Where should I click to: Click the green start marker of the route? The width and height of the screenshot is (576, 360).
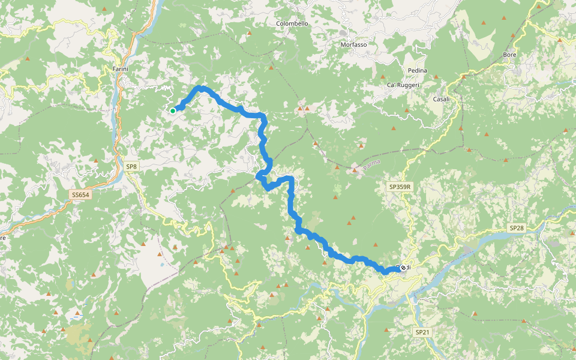(x=173, y=110)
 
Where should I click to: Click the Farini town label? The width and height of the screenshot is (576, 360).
(x=121, y=69)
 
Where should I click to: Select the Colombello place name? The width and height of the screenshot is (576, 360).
(x=292, y=23)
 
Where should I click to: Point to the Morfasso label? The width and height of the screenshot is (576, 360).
(x=353, y=45)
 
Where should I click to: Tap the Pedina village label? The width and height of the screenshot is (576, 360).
(x=417, y=71)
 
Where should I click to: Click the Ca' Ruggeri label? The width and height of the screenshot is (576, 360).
(x=403, y=85)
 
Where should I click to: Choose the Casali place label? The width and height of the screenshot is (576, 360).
(x=441, y=99)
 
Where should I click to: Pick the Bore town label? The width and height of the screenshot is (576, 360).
(x=509, y=55)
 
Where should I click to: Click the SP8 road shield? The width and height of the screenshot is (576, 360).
(x=131, y=166)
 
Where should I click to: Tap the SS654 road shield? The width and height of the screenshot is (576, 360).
(x=80, y=195)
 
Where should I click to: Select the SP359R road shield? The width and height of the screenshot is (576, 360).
(x=400, y=187)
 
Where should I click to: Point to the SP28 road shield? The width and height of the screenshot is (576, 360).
(x=517, y=228)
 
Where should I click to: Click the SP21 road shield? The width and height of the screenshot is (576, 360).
(x=422, y=332)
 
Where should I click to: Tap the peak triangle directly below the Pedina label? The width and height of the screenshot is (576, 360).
(x=436, y=77)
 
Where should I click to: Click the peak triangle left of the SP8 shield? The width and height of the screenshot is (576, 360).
(x=96, y=161)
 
